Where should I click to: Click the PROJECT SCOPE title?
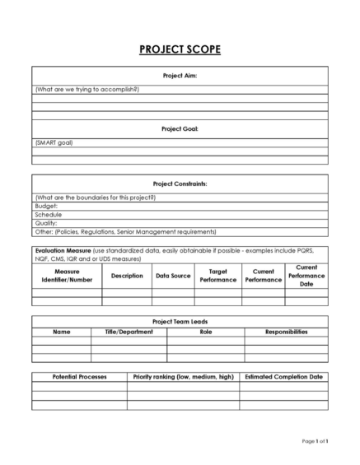180,50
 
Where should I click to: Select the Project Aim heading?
180,75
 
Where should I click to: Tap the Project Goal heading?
180,129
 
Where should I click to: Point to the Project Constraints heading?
180,184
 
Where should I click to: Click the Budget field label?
46,207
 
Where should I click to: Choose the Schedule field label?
49,215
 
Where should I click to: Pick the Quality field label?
46,223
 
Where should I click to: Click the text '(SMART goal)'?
54,142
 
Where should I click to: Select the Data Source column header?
172,276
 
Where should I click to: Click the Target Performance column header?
218,276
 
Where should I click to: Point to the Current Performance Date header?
306,276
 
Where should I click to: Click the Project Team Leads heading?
180,322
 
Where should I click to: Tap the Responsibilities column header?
287,332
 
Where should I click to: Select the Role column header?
205,332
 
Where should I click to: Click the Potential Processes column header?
79,376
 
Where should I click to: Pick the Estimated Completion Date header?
283,376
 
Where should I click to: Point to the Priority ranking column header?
183,376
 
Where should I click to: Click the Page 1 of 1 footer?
314,442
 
